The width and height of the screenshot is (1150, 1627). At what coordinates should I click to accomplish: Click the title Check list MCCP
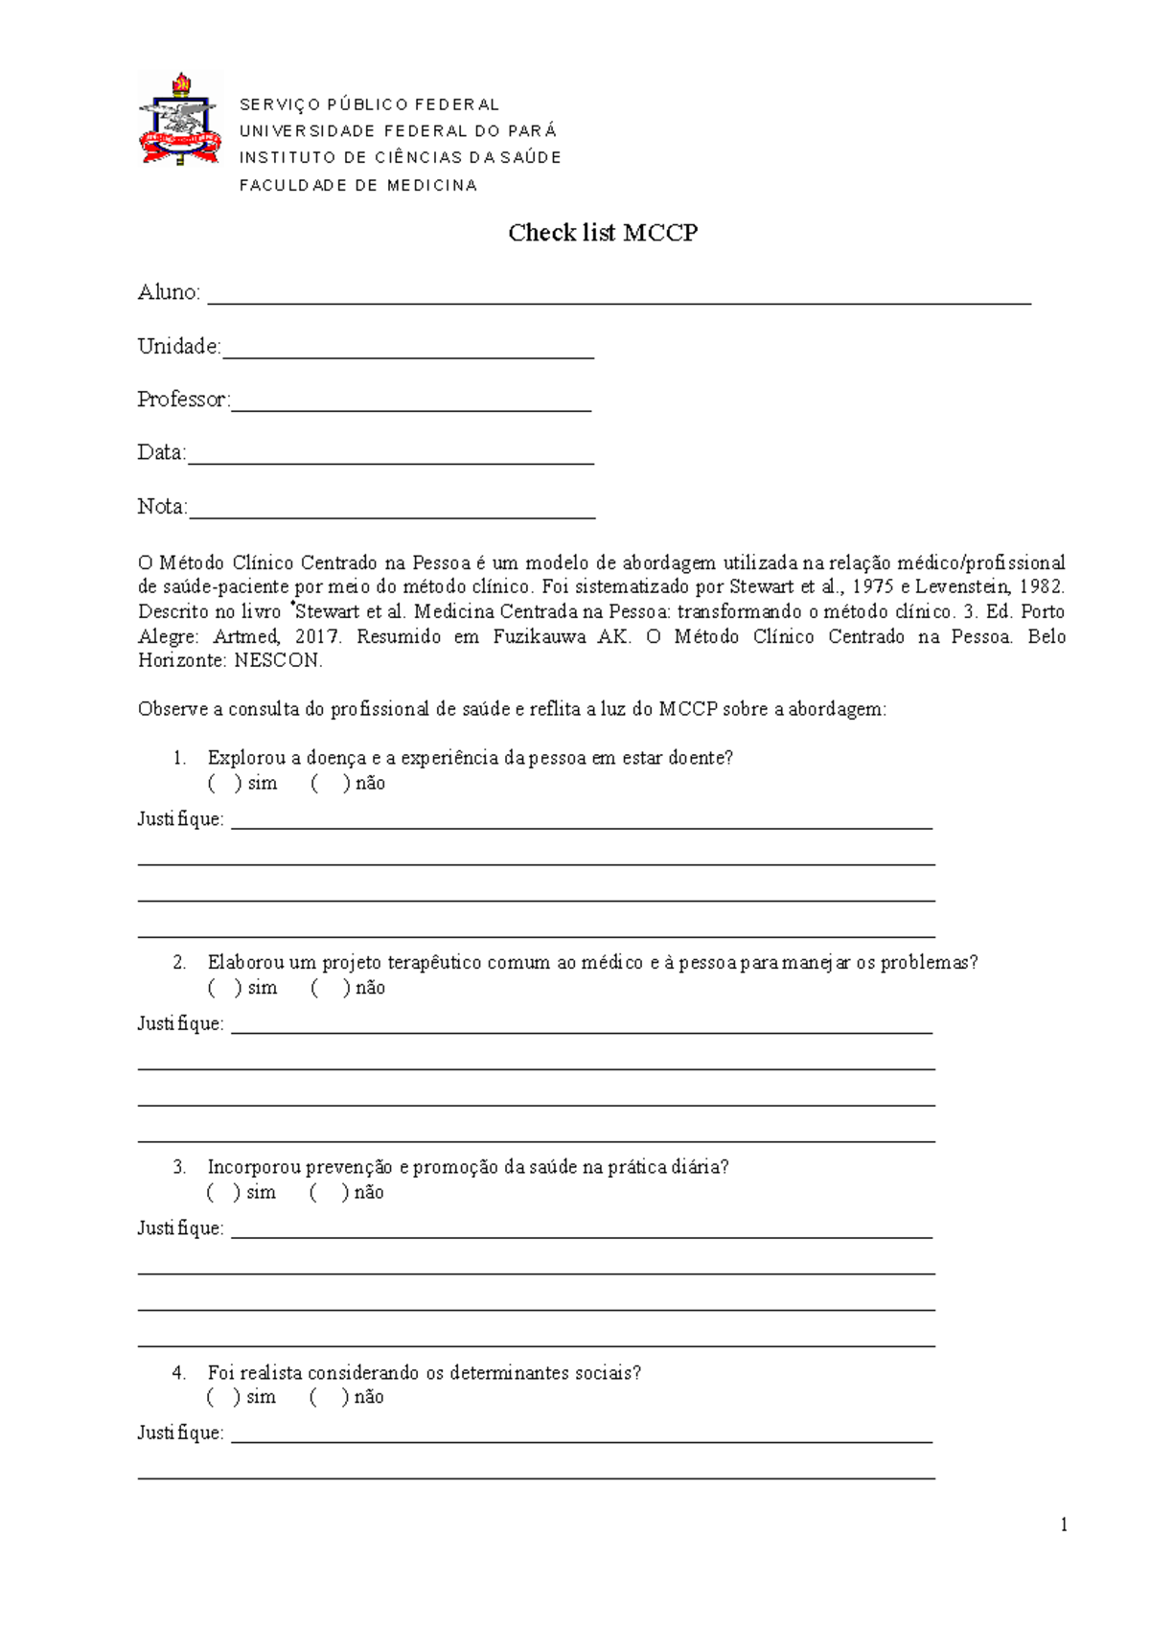[x=603, y=233]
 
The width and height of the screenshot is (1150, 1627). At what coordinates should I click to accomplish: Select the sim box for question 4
[x=223, y=1398]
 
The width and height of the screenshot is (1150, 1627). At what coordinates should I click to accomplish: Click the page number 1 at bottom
[x=1064, y=1525]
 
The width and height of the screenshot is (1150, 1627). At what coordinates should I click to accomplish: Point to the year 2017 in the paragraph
[x=317, y=637]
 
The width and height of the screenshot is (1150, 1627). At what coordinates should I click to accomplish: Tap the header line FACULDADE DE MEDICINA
[x=357, y=186]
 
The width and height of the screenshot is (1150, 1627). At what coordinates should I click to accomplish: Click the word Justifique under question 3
[x=180, y=1228]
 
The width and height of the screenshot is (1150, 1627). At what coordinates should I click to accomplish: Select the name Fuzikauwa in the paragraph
[x=537, y=637]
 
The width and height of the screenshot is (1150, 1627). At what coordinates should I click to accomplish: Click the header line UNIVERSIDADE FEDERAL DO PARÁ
[x=398, y=131]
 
